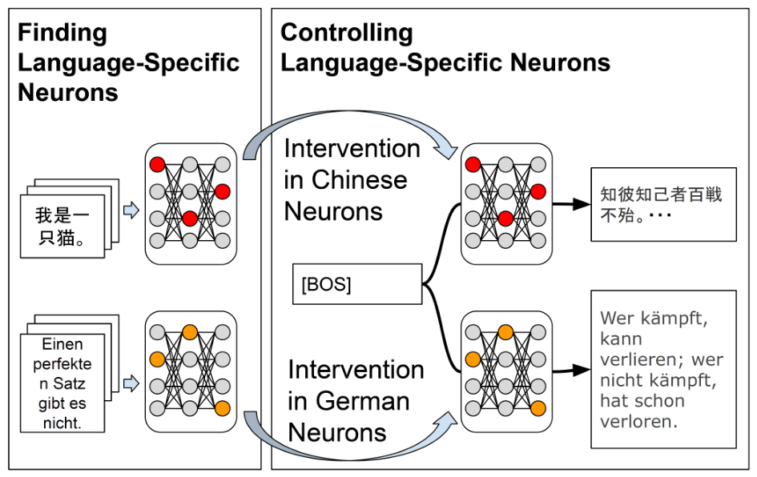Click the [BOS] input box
357,283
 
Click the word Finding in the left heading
62,34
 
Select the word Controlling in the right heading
347,33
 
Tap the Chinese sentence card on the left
62,226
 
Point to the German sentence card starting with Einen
62,383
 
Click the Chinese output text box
663,204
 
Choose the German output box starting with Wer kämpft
663,370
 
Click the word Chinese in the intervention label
359,180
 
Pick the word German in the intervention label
363,401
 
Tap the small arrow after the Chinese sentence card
131,210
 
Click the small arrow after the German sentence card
131,383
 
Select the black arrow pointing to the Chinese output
571,204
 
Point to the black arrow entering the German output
571,371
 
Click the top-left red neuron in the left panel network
157,164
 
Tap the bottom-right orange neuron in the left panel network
222,408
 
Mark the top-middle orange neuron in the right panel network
505,332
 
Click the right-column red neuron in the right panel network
538,191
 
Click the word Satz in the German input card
69,383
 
